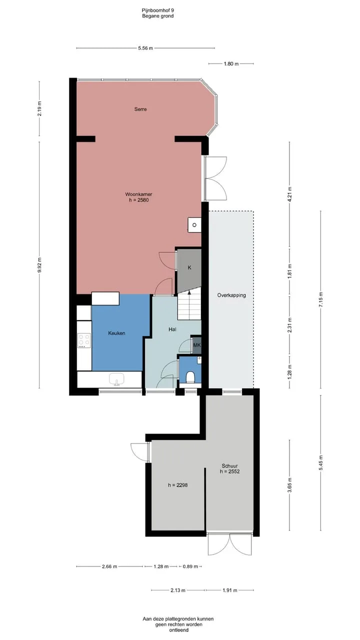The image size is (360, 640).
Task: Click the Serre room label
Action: (140, 109)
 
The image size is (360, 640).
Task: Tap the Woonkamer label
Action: (138, 194)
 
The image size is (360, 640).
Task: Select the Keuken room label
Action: (116, 333)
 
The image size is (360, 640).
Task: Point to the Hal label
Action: (172, 329)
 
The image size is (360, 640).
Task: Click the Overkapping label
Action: (231, 295)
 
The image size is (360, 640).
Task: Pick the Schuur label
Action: (229, 466)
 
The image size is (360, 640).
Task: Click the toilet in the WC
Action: (190, 377)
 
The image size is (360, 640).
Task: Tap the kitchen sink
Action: (116, 379)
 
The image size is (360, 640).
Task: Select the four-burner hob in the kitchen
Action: (84, 340)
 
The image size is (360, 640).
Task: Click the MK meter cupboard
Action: (197, 345)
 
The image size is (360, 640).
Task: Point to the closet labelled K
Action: (189, 268)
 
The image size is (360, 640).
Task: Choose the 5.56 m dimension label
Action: (145, 48)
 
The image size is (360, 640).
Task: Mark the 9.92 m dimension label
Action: (39, 265)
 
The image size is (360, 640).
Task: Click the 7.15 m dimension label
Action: (320, 299)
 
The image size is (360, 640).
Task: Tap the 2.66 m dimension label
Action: (109, 566)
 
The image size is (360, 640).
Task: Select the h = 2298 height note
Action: (178, 485)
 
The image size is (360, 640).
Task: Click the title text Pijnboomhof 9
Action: (158, 10)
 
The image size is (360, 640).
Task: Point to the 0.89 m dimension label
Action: (190, 566)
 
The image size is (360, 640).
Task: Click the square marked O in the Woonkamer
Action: (194, 225)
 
